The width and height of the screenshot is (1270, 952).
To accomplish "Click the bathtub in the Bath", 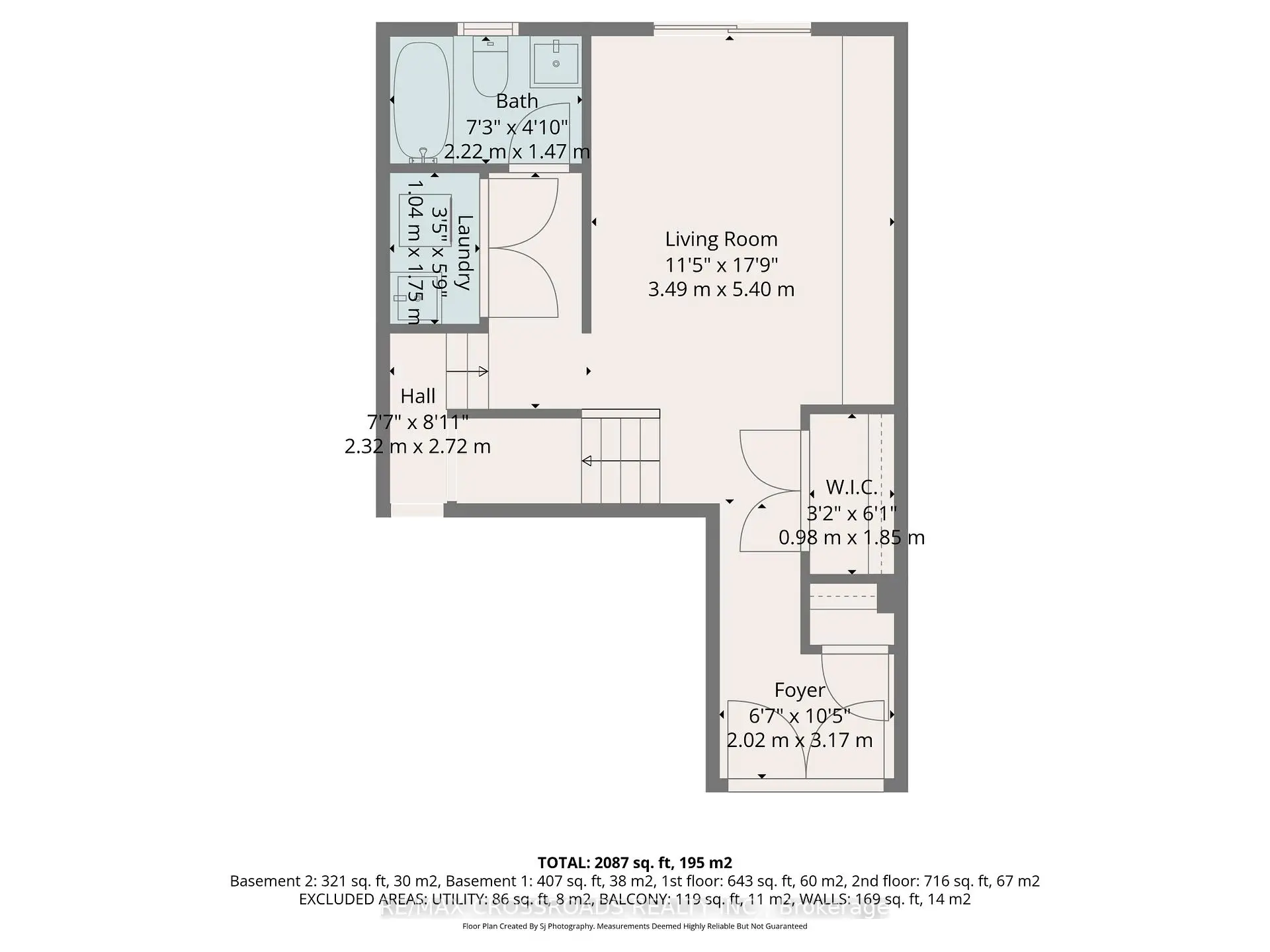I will pos(421,99).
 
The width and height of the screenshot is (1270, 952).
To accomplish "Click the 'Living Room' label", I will pos(721,239).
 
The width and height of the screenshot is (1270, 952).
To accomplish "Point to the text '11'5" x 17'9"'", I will pos(721,264).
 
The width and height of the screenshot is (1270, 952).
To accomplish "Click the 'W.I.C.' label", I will pos(851,488).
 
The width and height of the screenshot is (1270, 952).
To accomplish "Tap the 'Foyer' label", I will pos(800,690).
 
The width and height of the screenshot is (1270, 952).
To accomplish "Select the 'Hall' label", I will pos(417,396).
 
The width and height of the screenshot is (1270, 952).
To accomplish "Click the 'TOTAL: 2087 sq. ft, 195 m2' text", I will pos(634,863).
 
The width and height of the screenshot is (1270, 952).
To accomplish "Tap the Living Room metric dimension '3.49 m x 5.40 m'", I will pos(721,290).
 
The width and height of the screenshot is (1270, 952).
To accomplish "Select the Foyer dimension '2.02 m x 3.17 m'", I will pos(800,740).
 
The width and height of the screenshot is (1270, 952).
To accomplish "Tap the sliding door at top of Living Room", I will pos(732,28).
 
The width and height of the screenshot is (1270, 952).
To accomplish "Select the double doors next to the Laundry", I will pos(523,248).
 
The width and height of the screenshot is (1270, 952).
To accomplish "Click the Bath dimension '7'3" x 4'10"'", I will pos(517,126).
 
